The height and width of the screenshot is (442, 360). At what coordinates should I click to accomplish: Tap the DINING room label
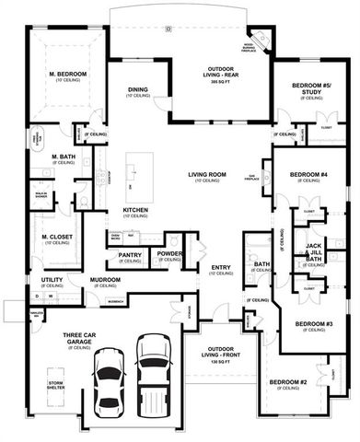[x=138, y=89]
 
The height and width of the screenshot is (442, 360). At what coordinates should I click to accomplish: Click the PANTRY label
[x=131, y=255]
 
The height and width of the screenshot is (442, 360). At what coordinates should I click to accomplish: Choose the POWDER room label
[x=168, y=253]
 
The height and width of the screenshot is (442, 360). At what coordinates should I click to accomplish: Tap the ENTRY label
[x=221, y=268]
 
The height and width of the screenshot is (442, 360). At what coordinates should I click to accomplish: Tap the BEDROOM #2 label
[x=289, y=382]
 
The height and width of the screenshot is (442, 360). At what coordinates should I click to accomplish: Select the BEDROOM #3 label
[x=314, y=324]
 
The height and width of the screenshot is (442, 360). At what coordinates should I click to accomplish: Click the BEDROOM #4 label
[x=308, y=174]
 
